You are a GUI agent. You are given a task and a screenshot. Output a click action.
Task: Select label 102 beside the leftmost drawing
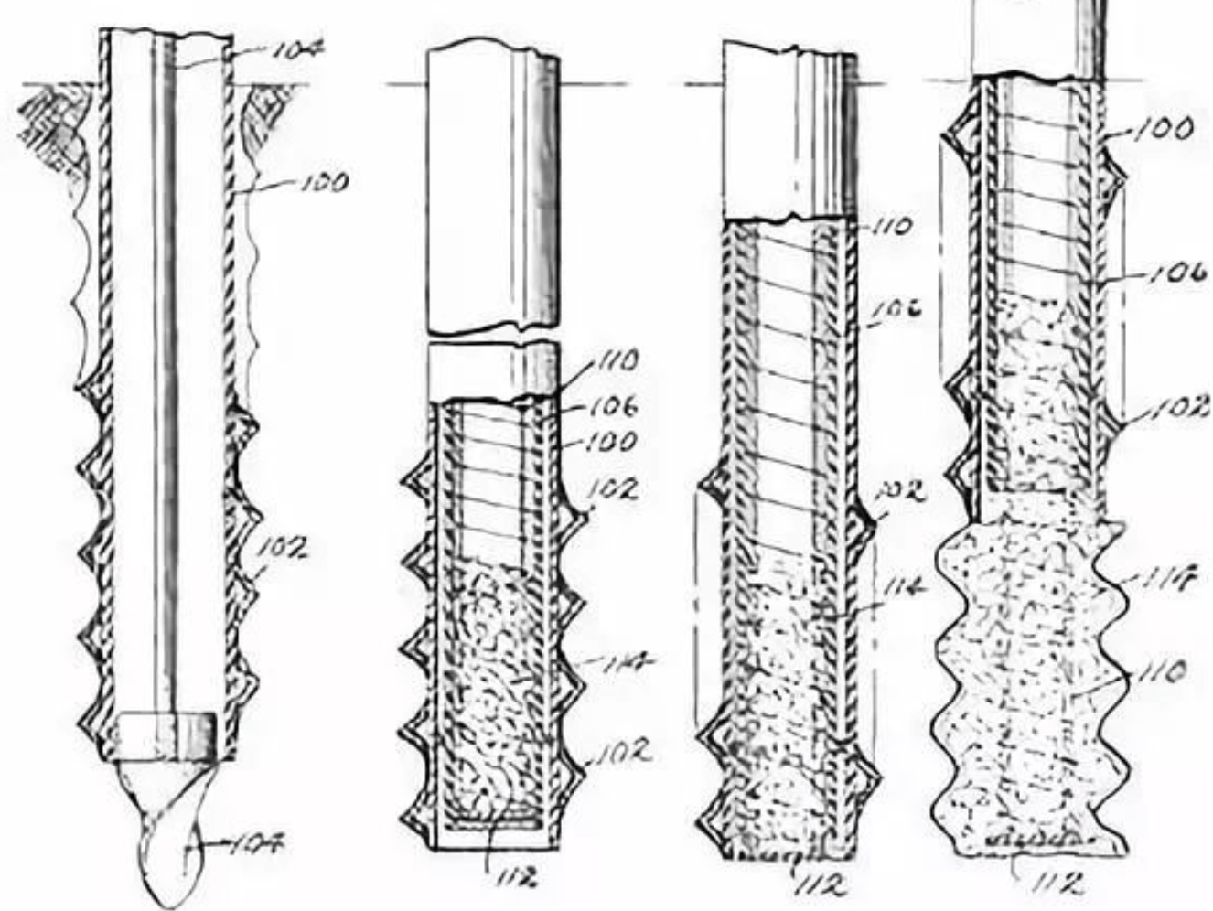point(282,548)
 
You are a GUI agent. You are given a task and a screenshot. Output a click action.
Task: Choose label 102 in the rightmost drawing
point(1180,408)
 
